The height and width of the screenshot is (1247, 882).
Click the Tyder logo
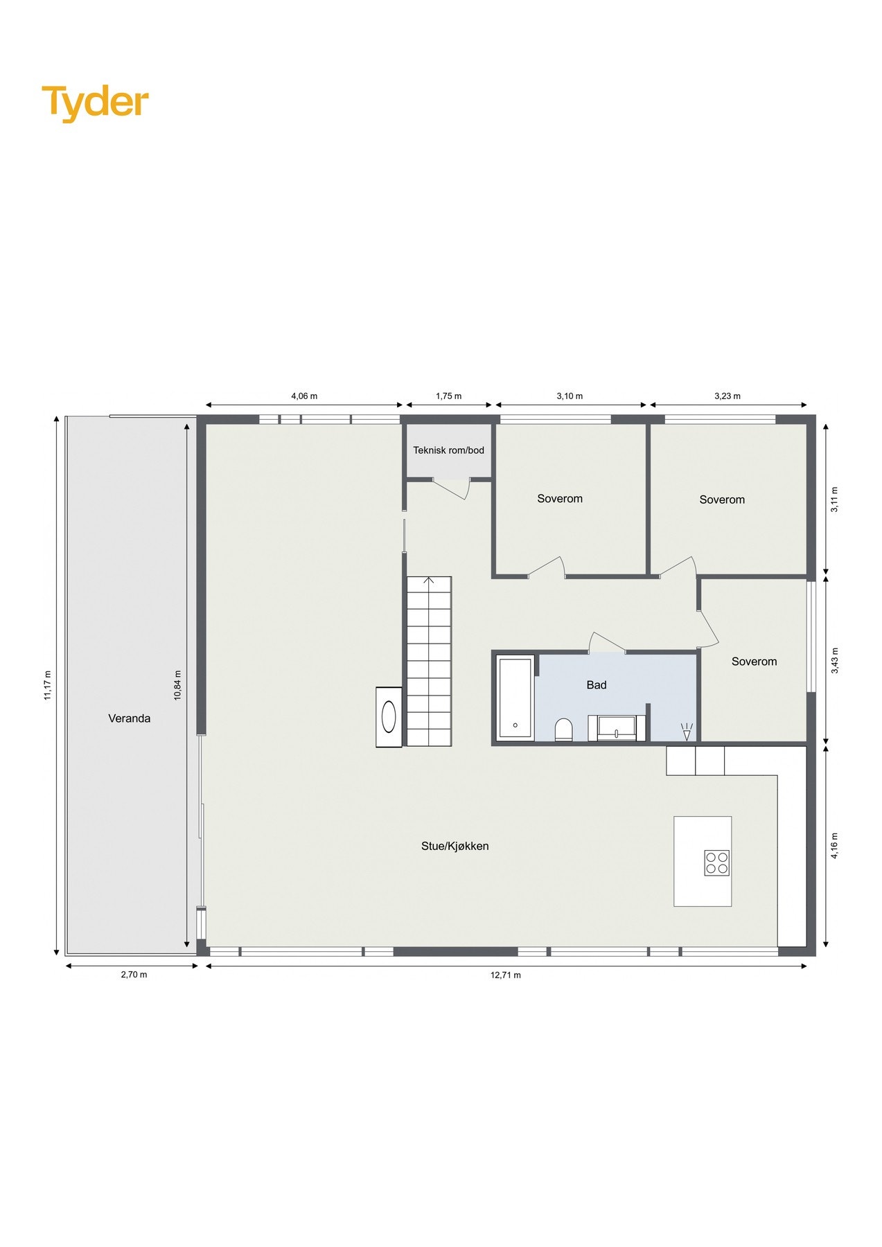(96, 103)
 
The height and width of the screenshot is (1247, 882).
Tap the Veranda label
(130, 718)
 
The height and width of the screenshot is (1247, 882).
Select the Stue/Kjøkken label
(455, 846)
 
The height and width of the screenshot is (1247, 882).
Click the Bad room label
(597, 685)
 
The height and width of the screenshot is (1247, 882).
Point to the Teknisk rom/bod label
(449, 450)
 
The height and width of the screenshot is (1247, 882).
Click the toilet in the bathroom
(564, 729)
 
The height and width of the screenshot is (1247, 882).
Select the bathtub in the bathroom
(515, 698)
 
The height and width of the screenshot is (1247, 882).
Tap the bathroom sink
(616, 728)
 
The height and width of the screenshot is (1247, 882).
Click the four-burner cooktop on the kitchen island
(717, 863)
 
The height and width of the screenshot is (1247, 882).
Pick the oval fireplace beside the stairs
(389, 717)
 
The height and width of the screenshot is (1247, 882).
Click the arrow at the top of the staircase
(430, 581)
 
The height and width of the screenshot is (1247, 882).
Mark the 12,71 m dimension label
(506, 975)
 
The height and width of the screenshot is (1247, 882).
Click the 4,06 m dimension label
(304, 396)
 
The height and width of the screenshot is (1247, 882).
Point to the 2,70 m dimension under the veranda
(134, 975)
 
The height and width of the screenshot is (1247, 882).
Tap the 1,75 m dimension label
(449, 396)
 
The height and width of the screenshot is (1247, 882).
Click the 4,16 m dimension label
(835, 845)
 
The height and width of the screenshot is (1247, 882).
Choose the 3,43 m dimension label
(835, 660)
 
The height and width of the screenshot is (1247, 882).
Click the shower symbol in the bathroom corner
(687, 731)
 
